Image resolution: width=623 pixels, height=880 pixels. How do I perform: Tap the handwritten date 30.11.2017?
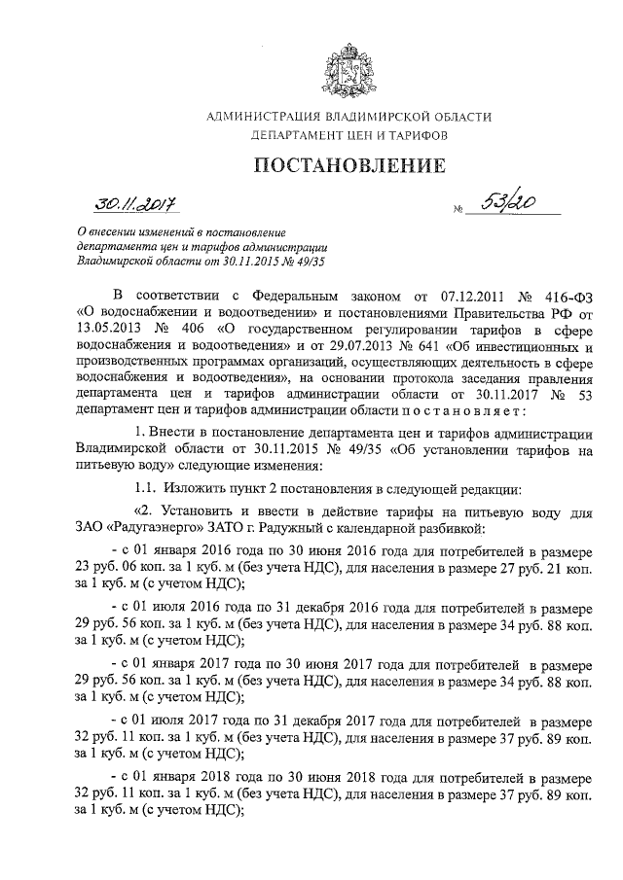point(135,203)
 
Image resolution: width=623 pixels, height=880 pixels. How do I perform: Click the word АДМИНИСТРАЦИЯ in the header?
point(268,118)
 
